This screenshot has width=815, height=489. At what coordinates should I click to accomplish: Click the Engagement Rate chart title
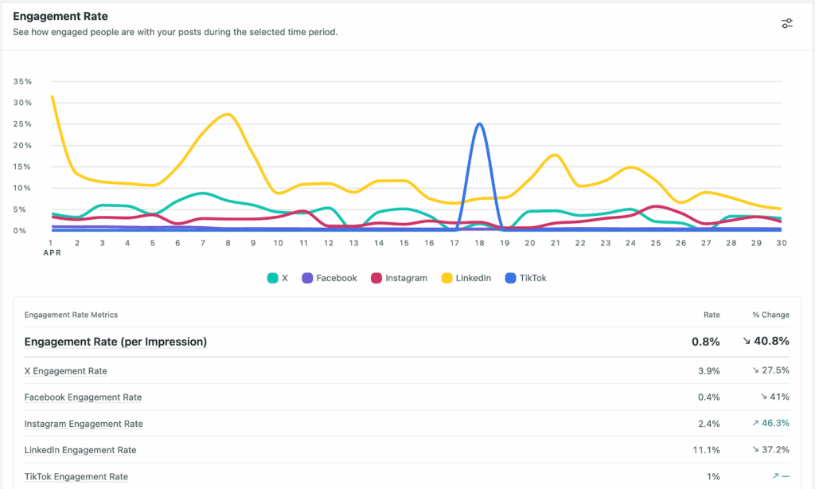coord(60,16)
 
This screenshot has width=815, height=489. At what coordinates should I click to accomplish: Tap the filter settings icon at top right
coord(786,23)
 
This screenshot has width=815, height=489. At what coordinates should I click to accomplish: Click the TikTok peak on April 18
coord(478,124)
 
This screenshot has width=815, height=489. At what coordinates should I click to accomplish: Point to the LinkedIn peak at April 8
coord(228,115)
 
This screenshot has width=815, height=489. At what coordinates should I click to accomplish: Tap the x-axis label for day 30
coord(781,243)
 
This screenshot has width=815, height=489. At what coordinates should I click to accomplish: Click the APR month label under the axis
coord(51,253)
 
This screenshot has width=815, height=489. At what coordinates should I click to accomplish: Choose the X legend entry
coord(277,278)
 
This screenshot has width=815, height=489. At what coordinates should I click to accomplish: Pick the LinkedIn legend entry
coord(466,278)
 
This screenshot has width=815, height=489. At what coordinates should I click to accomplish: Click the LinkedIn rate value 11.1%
coord(706,450)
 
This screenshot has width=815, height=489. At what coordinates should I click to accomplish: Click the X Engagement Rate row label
coord(65,371)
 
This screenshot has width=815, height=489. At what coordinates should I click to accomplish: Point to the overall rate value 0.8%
coord(705,342)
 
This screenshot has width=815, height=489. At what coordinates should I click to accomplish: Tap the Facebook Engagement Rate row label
coord(83,397)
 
